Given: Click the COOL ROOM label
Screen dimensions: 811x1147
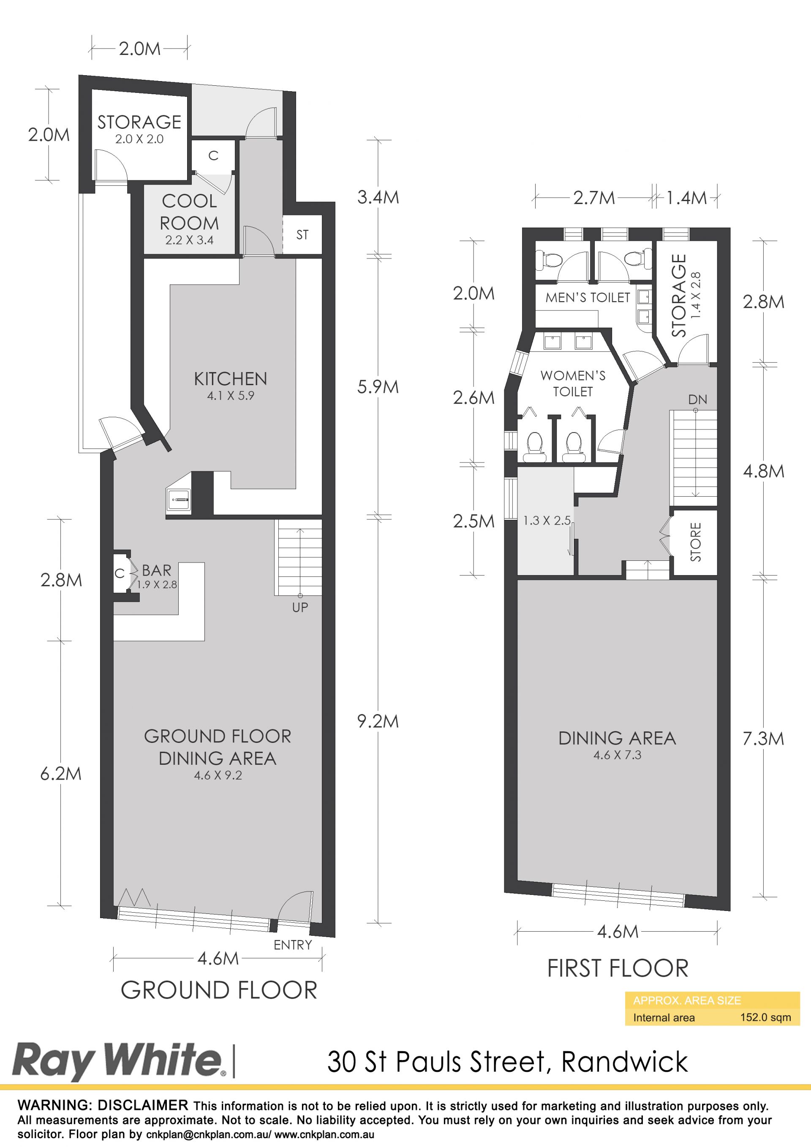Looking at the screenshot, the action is coord(189,212).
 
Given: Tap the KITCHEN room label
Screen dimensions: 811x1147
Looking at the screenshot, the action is coord(230,379).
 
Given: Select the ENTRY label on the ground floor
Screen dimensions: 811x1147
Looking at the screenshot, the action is coord(293,945).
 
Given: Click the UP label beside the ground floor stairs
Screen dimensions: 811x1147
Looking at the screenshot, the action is coord(300,607).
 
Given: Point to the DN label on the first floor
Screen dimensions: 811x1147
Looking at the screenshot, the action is coord(697,400).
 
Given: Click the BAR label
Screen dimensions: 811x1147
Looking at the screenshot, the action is coord(156,570).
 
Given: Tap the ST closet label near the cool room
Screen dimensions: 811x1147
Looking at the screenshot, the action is coord(302,235).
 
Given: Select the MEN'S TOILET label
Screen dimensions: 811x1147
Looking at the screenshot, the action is coord(588,298).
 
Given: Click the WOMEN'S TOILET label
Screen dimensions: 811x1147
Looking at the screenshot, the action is coord(573,383).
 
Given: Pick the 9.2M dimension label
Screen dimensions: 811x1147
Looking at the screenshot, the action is coord(378,721).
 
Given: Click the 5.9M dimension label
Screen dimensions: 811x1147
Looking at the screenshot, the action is coord(378,387).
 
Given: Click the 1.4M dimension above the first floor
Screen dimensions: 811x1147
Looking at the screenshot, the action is coord(686,198).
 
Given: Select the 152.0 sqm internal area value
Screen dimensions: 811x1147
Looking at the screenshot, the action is coord(765,1017).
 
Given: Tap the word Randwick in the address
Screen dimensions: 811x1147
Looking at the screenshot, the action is coord(625,1062).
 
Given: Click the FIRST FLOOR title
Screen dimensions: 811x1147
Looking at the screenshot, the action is coord(618,968).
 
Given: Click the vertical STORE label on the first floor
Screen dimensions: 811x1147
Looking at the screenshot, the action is coord(696,542).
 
